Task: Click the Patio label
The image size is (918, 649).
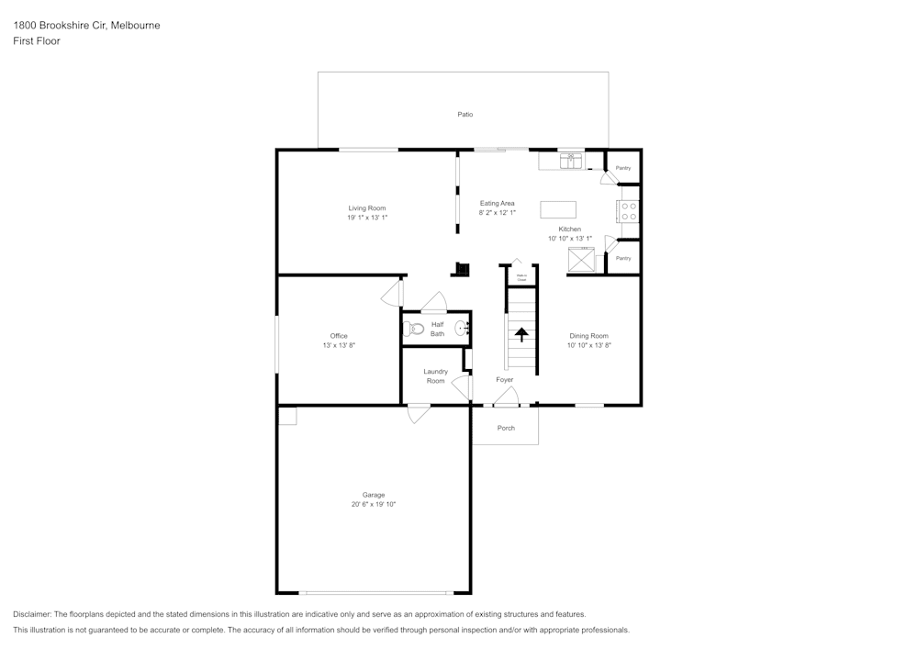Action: pyautogui.click(x=465, y=115)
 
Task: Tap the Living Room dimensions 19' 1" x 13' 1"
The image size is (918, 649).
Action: pyautogui.click(x=367, y=218)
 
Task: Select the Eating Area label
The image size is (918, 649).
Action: pyautogui.click(x=497, y=203)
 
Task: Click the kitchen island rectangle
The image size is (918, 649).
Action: pyautogui.click(x=558, y=208)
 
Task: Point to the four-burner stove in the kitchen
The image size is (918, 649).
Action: pyautogui.click(x=629, y=211)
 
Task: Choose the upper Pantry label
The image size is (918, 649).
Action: pyautogui.click(x=623, y=168)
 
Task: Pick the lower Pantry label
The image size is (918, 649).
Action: pyautogui.click(x=623, y=259)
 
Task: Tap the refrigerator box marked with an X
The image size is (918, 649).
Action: pyautogui.click(x=581, y=260)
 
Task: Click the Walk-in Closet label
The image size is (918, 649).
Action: pyautogui.click(x=521, y=277)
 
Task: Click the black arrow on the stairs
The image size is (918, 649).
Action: pyautogui.click(x=521, y=334)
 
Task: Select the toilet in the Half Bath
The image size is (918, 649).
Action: pyautogui.click(x=414, y=329)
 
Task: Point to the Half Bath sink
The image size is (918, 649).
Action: pyautogui.click(x=463, y=328)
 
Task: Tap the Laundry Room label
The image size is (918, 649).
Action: pyautogui.click(x=435, y=376)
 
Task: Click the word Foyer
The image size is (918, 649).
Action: pyautogui.click(x=505, y=380)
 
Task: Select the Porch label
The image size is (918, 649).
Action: pyautogui.click(x=506, y=428)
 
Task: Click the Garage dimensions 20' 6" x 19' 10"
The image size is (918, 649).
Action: pyautogui.click(x=373, y=504)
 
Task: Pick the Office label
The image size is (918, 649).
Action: pyautogui.click(x=339, y=336)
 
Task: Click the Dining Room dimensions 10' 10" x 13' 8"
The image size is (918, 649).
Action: pyautogui.click(x=588, y=345)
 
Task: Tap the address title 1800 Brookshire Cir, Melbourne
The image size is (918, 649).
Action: pyautogui.click(x=86, y=26)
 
